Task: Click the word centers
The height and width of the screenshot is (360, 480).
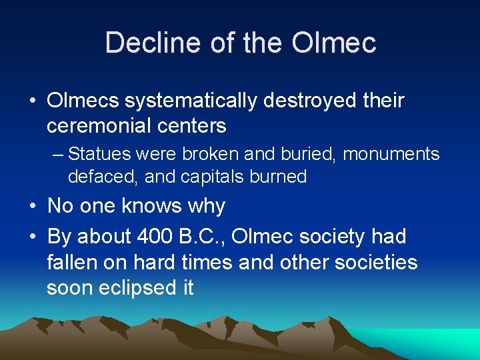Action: tap(195, 125)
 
